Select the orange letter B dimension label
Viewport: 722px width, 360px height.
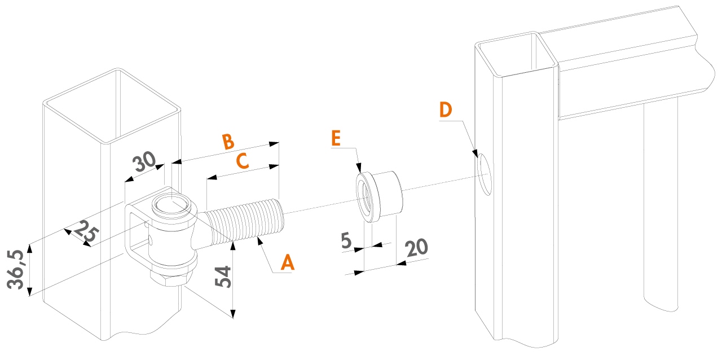[x=227, y=141]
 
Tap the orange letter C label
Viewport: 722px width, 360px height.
[x=242, y=160]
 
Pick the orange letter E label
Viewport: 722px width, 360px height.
[x=336, y=137]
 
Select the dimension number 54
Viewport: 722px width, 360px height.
[x=224, y=276]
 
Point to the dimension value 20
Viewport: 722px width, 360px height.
[x=416, y=249]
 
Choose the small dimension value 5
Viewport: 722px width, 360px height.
[x=347, y=240]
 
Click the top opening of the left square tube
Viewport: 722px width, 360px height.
[x=113, y=104]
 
